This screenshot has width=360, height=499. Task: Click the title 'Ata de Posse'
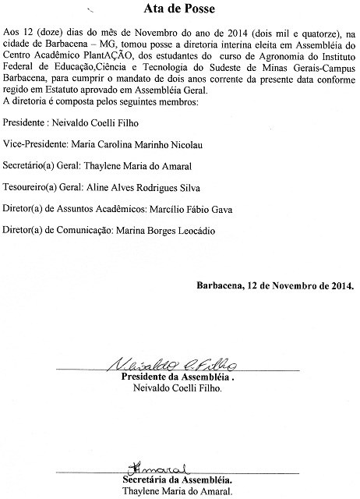coord(178,10)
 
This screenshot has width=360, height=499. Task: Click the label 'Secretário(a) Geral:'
coord(46,166)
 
